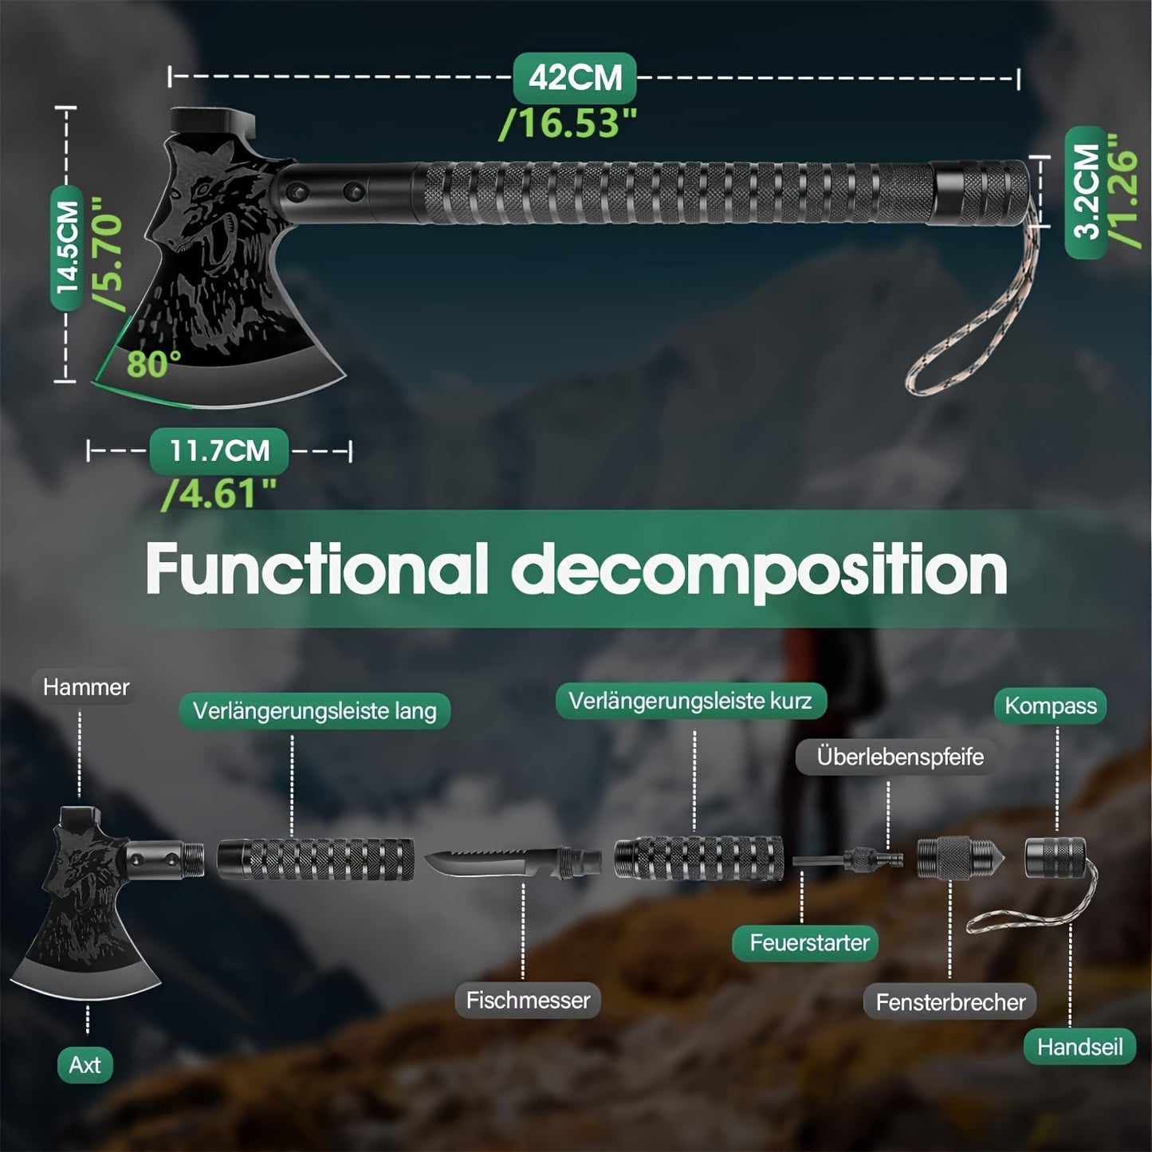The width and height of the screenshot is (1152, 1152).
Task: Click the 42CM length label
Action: [x=574, y=78]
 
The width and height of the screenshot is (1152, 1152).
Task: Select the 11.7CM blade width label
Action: [x=219, y=451]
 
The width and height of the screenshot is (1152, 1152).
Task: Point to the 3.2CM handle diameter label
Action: [x=1086, y=191]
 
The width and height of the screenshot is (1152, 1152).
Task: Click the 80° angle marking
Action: [x=153, y=364]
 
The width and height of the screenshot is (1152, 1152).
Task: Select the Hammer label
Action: [x=86, y=687]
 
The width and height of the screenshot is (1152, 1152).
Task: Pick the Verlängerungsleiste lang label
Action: [x=315, y=711]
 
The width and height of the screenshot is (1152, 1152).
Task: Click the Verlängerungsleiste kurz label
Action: [x=690, y=702]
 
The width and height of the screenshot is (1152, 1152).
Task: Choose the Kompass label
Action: [x=1050, y=706]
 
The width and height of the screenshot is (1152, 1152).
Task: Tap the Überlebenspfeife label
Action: [x=900, y=757]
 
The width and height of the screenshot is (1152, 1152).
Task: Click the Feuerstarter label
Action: [x=809, y=943]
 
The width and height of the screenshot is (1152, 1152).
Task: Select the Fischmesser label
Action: [x=528, y=1001]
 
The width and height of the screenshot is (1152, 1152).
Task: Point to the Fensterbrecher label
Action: [x=950, y=1002]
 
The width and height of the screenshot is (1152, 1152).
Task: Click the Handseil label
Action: [x=1079, y=1047]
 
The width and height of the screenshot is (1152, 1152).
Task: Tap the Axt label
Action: [x=85, y=1065]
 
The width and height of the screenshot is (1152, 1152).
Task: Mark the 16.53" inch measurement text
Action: [x=568, y=124]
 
